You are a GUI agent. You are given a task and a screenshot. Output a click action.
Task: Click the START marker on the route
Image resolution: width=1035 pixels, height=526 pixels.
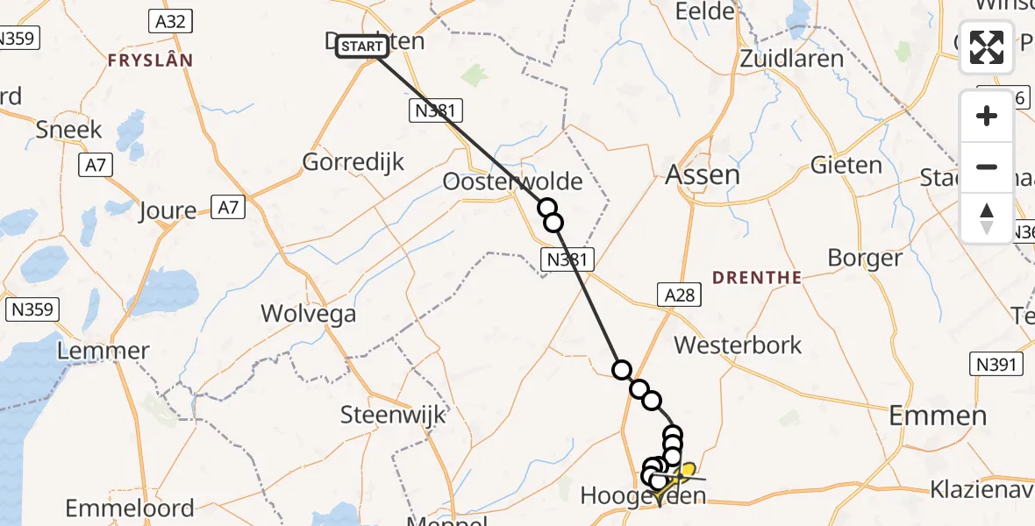[x=360, y=46]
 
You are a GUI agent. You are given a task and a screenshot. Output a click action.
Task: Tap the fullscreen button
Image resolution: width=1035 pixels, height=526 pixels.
[x=987, y=47]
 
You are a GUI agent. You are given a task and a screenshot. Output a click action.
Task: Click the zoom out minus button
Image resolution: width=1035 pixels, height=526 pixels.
[x=987, y=167]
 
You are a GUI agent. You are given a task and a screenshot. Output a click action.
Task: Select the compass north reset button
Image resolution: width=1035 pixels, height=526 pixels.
[x=987, y=217]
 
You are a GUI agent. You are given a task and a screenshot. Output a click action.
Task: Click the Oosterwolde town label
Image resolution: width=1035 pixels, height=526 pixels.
[x=513, y=182]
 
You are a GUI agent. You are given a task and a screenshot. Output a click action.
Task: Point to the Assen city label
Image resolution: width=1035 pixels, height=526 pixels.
[x=703, y=174]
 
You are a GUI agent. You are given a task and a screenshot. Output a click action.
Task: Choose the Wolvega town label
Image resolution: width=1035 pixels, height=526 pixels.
[x=309, y=313]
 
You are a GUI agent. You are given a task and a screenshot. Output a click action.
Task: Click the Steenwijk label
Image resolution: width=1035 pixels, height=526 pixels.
[x=393, y=414]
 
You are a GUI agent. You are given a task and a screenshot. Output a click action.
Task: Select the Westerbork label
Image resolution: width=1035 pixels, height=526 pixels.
[x=738, y=345]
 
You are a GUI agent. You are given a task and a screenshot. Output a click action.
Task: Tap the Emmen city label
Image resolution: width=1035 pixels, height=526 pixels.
[x=938, y=416]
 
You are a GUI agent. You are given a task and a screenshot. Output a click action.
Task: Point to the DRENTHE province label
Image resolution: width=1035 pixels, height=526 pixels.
[x=757, y=278]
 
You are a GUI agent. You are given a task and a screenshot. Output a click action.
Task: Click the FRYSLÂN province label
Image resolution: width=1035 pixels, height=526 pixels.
[x=150, y=60]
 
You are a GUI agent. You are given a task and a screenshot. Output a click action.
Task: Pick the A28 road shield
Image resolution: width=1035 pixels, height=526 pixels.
[x=679, y=295]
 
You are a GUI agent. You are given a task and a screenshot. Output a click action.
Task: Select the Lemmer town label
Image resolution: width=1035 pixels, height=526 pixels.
[x=103, y=352]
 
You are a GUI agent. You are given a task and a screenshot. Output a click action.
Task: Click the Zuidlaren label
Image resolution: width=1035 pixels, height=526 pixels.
[x=791, y=60]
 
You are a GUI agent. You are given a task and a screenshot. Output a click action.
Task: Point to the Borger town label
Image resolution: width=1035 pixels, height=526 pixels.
[x=865, y=258]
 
